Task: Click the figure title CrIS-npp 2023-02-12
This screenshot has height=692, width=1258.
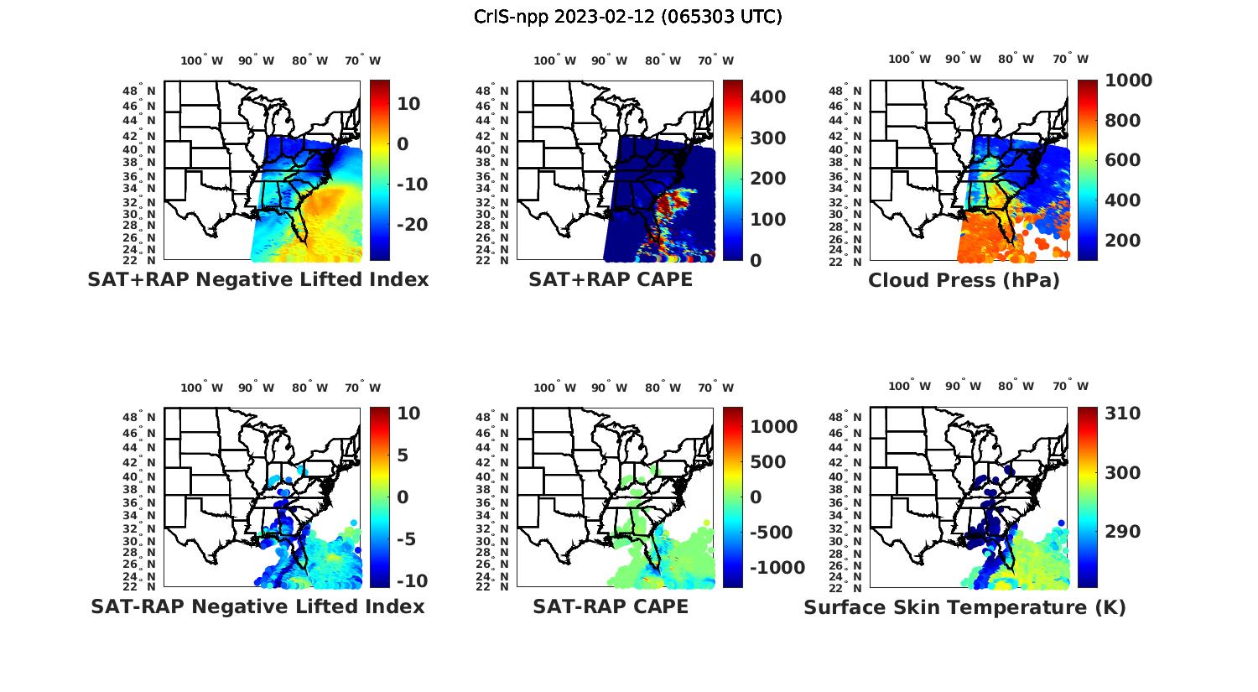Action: (628, 17)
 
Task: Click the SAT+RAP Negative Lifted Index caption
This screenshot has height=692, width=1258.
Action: (258, 279)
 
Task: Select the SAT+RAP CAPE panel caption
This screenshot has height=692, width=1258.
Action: (611, 279)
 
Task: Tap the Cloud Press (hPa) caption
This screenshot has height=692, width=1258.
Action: (964, 280)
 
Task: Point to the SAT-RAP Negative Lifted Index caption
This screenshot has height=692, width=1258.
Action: (258, 606)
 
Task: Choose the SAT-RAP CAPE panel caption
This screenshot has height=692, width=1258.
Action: (611, 606)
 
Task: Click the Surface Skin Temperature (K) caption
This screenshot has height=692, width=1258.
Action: (964, 607)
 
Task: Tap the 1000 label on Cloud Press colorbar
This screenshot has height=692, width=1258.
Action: (1128, 81)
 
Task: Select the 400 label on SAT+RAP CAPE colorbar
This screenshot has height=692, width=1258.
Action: (767, 97)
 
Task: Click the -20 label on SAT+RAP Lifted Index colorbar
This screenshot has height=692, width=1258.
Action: (411, 225)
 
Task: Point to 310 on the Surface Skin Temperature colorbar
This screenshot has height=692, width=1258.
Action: (1122, 414)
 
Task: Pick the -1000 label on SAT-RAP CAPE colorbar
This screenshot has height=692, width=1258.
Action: (777, 568)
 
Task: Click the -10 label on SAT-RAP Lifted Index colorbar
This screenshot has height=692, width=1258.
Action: (411, 580)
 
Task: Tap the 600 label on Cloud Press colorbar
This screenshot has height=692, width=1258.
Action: (1122, 160)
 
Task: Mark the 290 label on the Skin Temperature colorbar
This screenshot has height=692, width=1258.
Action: (1122, 532)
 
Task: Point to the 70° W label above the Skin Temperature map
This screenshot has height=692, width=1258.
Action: (1071, 387)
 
